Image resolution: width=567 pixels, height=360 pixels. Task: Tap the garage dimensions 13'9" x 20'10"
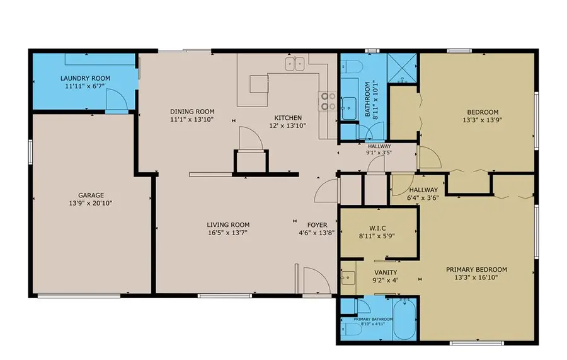click(91, 203)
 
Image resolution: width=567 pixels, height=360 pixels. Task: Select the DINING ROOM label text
click(192, 111)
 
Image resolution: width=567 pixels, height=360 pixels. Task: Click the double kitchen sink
click(295, 63)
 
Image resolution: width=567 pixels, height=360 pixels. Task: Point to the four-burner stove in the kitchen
click(328, 102)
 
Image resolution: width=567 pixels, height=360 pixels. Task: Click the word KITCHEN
click(287, 118)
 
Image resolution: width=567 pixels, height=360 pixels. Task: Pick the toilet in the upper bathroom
click(351, 66)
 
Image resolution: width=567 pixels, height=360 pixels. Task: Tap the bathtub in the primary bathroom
click(401, 318)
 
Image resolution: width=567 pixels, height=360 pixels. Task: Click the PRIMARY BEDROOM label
click(476, 270)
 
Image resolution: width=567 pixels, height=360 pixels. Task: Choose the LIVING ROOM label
click(228, 225)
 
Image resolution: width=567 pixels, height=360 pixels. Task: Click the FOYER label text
click(317, 225)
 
